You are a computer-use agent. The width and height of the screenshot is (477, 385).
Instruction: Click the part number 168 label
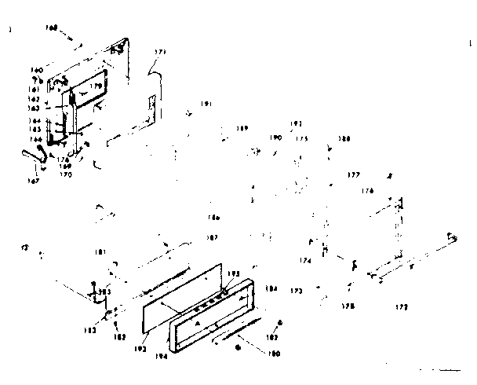(x=53, y=27)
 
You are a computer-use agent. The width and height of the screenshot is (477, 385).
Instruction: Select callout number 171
(x=160, y=53)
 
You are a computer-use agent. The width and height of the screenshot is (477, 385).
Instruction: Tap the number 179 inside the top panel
(x=96, y=86)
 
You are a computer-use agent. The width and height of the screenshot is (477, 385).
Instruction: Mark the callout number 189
(x=242, y=128)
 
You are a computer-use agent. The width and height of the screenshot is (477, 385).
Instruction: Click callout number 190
(x=275, y=137)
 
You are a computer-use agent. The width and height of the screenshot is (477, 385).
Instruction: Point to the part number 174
(x=305, y=260)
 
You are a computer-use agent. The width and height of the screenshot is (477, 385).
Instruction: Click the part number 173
(x=296, y=291)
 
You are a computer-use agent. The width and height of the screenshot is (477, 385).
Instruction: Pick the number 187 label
(x=211, y=237)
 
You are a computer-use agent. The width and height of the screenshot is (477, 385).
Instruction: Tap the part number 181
(x=100, y=252)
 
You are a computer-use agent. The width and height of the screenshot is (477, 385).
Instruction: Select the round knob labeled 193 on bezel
(x=225, y=291)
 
